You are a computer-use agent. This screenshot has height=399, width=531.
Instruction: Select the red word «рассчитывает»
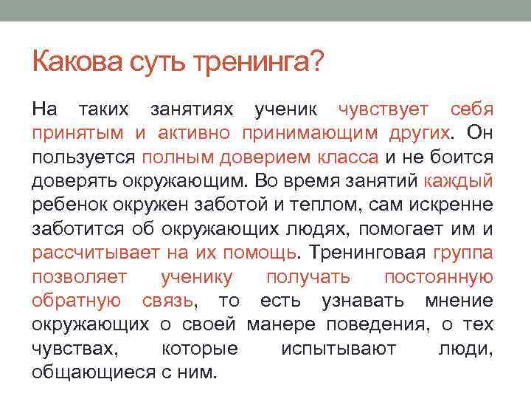coord(96,252)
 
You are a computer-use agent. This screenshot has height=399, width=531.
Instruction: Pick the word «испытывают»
coord(339,347)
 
